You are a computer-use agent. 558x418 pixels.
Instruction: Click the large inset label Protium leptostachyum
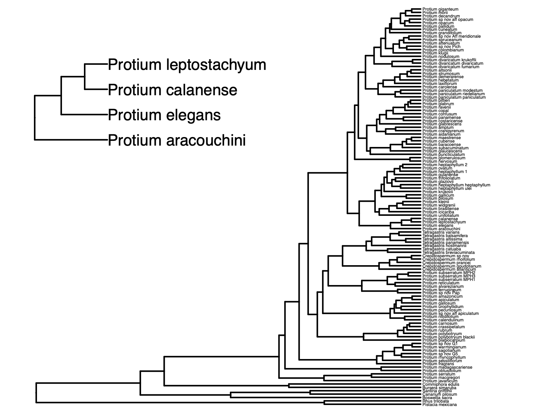[x=187, y=65]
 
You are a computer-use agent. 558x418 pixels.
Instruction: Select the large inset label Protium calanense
[x=172, y=90]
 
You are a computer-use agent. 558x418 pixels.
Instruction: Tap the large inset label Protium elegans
[x=164, y=115]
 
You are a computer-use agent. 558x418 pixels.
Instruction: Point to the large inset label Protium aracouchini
[x=177, y=140]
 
